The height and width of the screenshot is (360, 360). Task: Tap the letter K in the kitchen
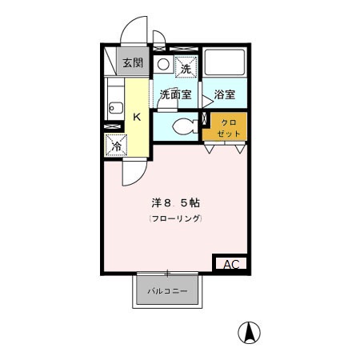point(137,117)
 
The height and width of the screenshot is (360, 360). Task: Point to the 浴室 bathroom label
point(224,94)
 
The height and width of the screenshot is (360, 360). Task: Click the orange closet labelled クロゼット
point(228,127)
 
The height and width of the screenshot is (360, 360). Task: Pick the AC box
point(230,264)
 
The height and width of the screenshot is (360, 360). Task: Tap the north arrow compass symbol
point(251,330)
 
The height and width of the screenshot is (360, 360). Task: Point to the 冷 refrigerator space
point(116,146)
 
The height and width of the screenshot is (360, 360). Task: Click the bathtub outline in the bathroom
point(225,63)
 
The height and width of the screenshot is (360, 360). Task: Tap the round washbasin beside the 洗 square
point(163,65)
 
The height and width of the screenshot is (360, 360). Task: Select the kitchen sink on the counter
point(113,105)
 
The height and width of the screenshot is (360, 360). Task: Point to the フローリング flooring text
point(174,218)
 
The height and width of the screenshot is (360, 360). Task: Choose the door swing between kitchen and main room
point(133,168)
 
